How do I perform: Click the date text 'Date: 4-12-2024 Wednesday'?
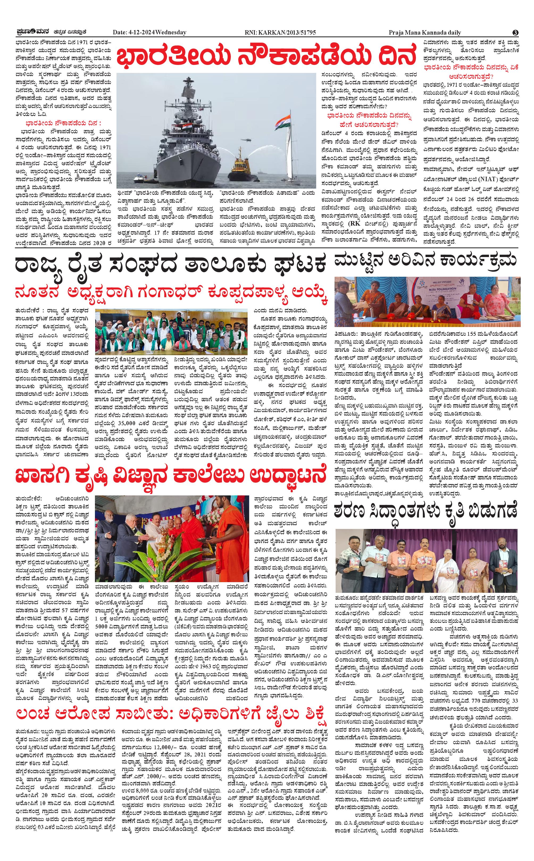149,32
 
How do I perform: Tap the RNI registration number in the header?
280,32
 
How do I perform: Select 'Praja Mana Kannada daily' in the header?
425,32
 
